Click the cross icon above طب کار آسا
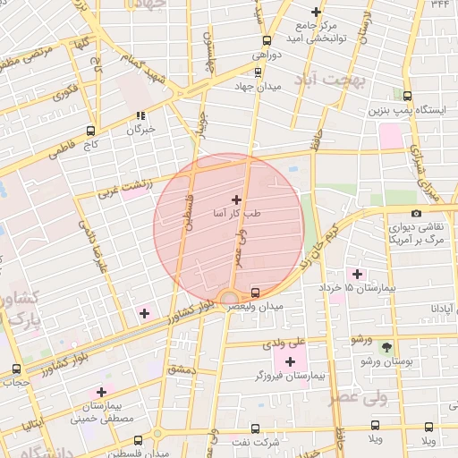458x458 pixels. [236, 199]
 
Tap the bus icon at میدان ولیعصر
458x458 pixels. [257, 292]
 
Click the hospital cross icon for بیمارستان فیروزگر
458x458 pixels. [290, 361]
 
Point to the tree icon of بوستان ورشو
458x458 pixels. [386, 346]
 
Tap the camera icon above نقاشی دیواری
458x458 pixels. [416, 213]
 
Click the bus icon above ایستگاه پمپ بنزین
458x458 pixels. [408, 97]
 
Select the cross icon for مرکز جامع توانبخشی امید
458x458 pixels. [316, 12]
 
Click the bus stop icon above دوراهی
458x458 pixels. [267, 39]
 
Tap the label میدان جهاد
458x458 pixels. [262, 86]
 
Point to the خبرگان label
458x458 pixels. [140, 130]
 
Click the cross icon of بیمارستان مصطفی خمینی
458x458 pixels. [101, 392]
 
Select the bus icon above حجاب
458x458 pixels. [17, 369]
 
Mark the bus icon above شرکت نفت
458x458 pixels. [256, 428]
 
